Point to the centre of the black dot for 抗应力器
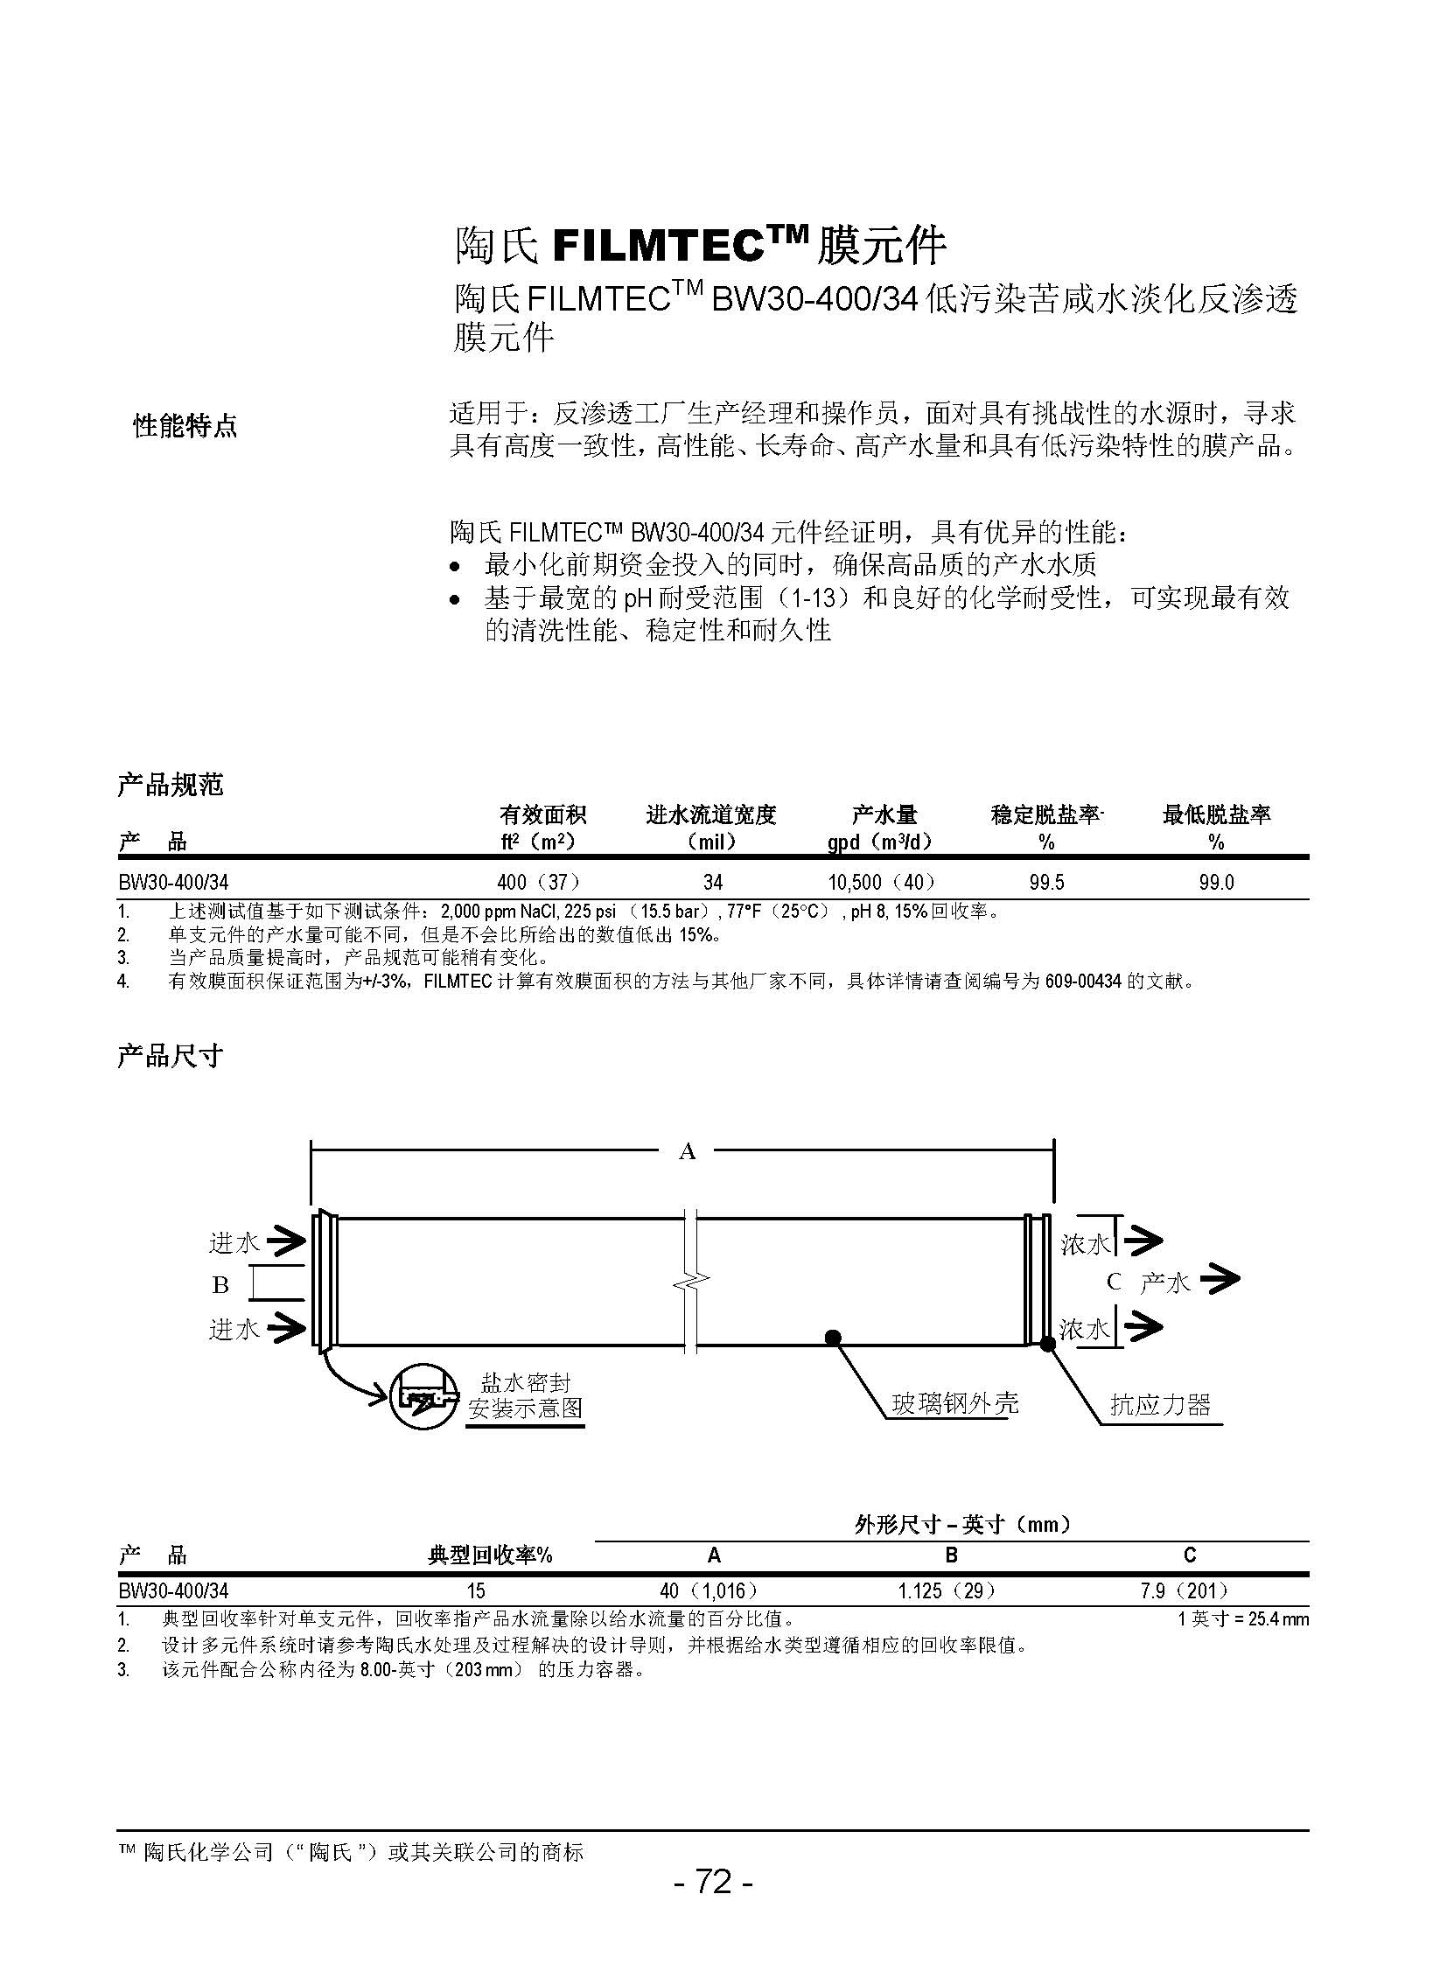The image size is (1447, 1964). tap(1047, 1343)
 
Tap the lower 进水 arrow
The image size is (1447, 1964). tap(286, 1328)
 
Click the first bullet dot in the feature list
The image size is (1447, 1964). tap(453, 567)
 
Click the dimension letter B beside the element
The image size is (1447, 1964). tap(220, 1284)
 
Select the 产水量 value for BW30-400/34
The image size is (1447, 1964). tap(882, 882)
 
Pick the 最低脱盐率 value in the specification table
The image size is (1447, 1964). tap(1216, 882)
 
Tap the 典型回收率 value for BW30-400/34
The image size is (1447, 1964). tap(476, 1590)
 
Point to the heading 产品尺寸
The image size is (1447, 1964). tap(171, 1056)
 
